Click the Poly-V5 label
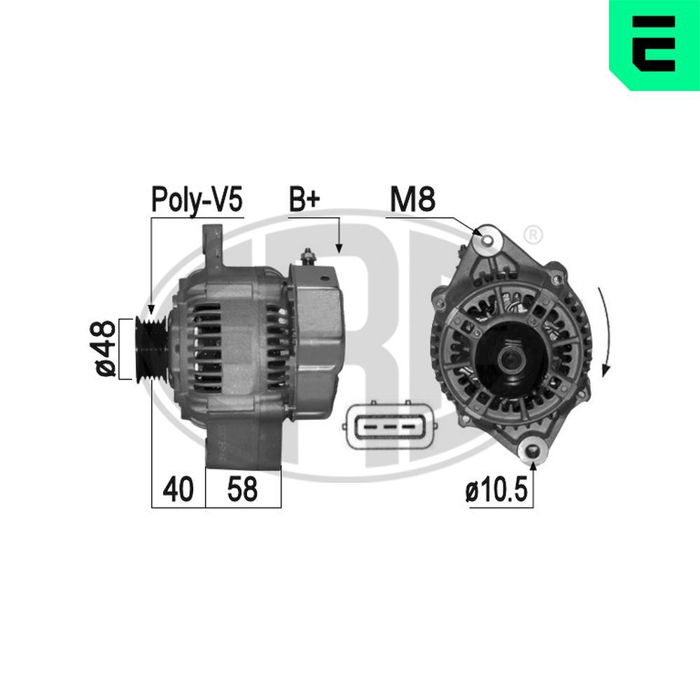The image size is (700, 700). pyautogui.click(x=197, y=199)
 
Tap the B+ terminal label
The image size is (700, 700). pyautogui.click(x=304, y=199)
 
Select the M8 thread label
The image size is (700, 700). pyautogui.click(x=412, y=199)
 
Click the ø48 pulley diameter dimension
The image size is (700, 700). pyautogui.click(x=104, y=349)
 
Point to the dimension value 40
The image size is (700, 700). pyautogui.click(x=178, y=489)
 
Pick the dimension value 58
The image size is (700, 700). pyautogui.click(x=242, y=489)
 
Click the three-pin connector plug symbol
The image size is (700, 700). pyautogui.click(x=390, y=426)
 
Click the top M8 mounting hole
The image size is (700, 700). pyautogui.click(x=486, y=239)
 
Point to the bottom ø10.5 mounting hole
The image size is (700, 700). pyautogui.click(x=533, y=451)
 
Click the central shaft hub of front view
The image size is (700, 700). pyautogui.click(x=509, y=358)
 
